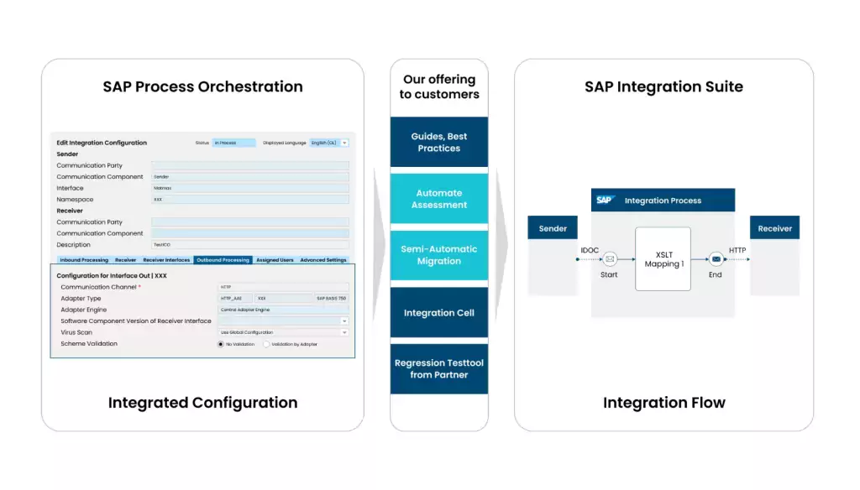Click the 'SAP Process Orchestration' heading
202,86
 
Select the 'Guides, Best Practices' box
438,142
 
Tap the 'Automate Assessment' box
438,199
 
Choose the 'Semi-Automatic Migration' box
438,255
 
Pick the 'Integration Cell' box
438,313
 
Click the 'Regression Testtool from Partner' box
438,368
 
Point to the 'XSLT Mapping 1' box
663,258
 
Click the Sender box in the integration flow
553,228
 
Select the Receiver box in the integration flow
774,228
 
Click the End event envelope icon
715,259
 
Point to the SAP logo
605,201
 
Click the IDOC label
590,250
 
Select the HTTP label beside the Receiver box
737,250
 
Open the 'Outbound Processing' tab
223,260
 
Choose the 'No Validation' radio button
221,344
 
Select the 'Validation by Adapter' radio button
267,344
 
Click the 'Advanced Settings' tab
323,260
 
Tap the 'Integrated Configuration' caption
202,403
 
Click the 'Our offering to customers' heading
438,86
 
